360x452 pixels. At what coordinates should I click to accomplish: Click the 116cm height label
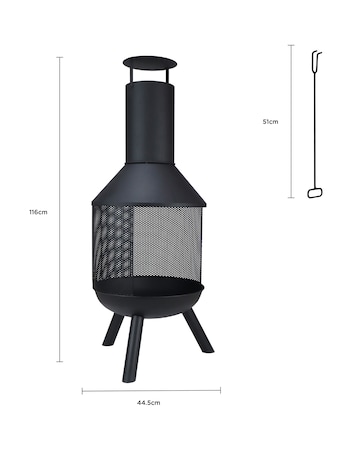pyautogui.click(x=39, y=213)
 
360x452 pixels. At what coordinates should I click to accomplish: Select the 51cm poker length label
pyautogui.click(x=270, y=121)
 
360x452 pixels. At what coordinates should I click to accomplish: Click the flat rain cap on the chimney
pyautogui.click(x=151, y=65)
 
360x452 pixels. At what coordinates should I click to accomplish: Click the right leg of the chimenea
pyautogui.click(x=197, y=331)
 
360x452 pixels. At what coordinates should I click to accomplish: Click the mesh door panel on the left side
pyautogui.click(x=115, y=244)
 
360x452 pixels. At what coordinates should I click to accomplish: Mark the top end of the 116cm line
pyautogui.click(x=60, y=57)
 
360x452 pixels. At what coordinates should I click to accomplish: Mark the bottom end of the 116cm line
pyautogui.click(x=60, y=361)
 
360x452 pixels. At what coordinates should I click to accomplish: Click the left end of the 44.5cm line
pyautogui.click(x=83, y=390)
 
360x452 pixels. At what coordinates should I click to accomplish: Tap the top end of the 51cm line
pyautogui.click(x=291, y=44)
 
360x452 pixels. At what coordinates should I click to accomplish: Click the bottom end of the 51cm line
pyautogui.click(x=291, y=197)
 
